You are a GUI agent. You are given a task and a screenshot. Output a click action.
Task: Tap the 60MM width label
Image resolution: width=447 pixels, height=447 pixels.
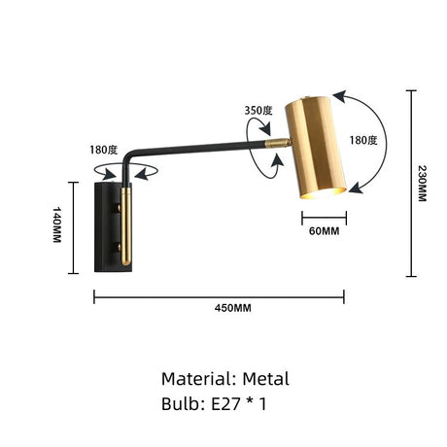pyautogui.click(x=324, y=231)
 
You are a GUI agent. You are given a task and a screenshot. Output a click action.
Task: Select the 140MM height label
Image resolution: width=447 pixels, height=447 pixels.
pyautogui.click(x=57, y=225)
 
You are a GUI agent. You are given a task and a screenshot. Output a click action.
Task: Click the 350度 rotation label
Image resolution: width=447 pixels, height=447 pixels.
pyautogui.click(x=258, y=111)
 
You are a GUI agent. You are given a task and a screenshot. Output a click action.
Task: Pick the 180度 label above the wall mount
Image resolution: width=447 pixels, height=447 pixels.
pyautogui.click(x=103, y=151)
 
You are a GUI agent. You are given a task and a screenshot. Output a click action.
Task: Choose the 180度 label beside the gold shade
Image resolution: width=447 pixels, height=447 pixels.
pyautogui.click(x=364, y=140)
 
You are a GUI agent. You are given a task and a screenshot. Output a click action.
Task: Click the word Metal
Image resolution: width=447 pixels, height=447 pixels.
pyautogui.click(x=262, y=379)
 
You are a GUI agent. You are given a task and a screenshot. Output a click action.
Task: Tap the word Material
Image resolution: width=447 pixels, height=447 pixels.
pyautogui.click(x=195, y=379)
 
